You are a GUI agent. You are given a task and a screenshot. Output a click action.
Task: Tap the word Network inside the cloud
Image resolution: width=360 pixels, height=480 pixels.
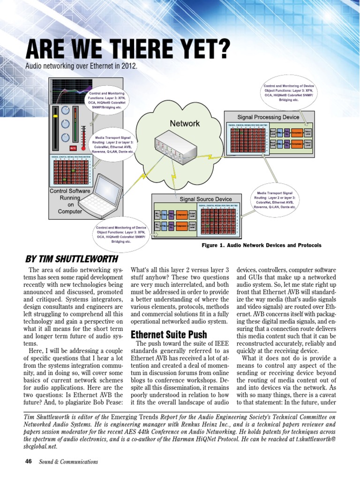coord(184,123)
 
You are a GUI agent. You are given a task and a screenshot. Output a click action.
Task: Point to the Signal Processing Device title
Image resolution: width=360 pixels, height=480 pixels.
coord(268,116)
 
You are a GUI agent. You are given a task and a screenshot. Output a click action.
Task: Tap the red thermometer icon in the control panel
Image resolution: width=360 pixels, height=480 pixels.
coord(83,134)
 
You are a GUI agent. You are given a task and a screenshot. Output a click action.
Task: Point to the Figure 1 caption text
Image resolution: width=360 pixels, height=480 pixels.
coord(261,245)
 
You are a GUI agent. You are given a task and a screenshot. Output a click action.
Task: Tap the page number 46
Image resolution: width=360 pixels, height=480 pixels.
coord(28,461)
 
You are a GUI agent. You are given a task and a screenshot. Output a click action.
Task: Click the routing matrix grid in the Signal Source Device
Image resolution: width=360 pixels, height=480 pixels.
coord(218,220)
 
